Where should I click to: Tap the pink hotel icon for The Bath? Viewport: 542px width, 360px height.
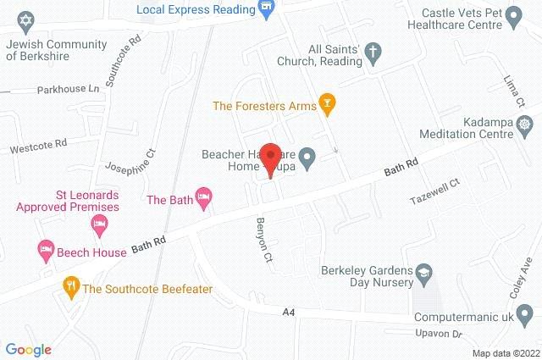click(203, 199)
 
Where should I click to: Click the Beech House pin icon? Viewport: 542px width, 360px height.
click(44, 251)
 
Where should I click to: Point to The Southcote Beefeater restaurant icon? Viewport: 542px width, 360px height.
click(70, 288)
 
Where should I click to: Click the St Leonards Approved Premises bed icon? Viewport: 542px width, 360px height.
click(98, 224)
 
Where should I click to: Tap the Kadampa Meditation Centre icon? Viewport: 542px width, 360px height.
click(527, 125)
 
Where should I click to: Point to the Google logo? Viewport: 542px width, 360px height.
click(28, 349)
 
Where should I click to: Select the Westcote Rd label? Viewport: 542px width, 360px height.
click(37, 147)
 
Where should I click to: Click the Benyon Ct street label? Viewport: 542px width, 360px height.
click(264, 239)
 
